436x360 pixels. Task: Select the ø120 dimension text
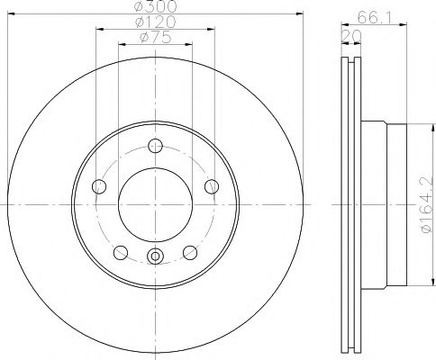[155, 22]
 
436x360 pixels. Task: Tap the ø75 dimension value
[155, 39]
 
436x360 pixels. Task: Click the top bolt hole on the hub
[156, 147]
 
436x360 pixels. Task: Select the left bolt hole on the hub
[100, 186]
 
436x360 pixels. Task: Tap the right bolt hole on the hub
[212, 186]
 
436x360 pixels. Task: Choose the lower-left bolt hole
[121, 251]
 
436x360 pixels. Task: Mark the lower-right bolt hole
[190, 251]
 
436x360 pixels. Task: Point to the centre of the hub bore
[156, 206]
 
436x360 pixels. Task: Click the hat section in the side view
[377, 206]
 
